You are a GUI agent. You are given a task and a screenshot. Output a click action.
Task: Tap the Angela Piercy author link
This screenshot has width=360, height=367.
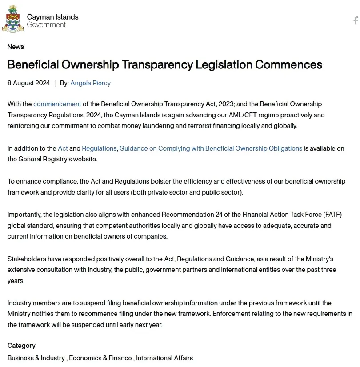tap(90, 83)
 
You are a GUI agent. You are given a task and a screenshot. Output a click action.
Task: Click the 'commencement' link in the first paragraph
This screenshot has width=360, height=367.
tap(57, 104)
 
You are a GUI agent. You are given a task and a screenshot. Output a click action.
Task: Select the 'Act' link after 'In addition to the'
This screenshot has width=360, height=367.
tap(63, 148)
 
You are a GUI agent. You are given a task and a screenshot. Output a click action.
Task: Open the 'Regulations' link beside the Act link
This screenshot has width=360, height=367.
tap(99, 148)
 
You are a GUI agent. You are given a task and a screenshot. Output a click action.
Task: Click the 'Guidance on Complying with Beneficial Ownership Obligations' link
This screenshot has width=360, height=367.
tap(211, 148)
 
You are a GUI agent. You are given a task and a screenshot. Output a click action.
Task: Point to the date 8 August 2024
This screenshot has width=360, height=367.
tap(28, 83)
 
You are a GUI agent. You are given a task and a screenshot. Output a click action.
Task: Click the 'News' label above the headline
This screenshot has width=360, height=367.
tap(16, 47)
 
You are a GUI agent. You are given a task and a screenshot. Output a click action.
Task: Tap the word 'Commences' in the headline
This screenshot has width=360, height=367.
tap(288, 65)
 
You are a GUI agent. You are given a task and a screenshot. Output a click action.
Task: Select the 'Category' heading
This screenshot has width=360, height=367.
tap(21, 346)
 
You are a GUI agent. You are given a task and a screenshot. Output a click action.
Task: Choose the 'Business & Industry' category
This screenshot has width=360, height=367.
tap(36, 358)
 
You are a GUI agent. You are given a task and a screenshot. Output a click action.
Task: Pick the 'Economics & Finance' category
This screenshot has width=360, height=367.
tap(100, 358)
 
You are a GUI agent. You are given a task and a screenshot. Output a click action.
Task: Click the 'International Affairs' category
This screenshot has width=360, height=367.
tap(164, 358)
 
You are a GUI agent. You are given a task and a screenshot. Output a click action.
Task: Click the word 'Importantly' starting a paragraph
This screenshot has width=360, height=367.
tap(24, 215)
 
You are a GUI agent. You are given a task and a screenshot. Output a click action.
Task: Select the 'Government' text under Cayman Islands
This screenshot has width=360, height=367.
tap(46, 25)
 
